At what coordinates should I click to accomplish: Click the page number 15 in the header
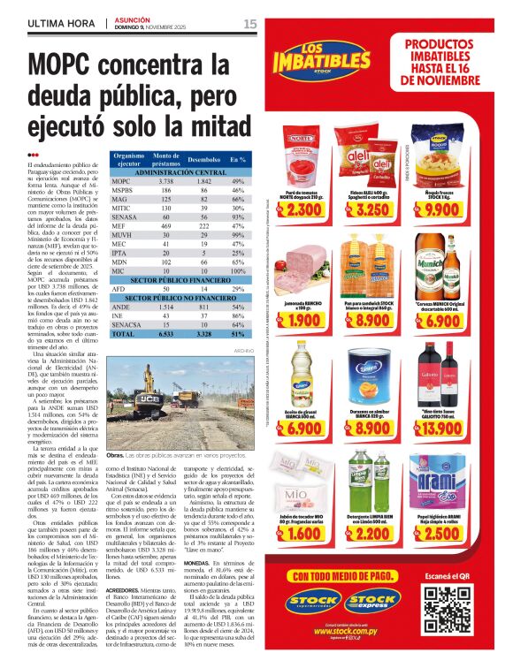click(x=249, y=23)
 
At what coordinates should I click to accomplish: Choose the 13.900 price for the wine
click(x=443, y=428)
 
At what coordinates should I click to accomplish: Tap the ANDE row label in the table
click(x=121, y=307)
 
